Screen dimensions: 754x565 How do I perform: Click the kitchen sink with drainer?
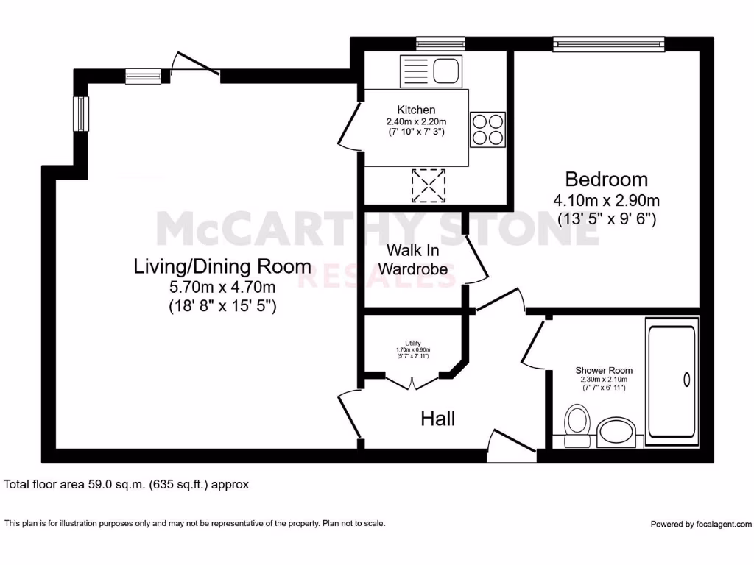431,71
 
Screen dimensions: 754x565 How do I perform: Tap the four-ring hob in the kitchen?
487,129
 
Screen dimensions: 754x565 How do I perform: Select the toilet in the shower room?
577,426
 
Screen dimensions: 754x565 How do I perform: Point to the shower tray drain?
687,380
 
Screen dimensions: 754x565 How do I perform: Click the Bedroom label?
607,180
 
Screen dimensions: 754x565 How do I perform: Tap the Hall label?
437,419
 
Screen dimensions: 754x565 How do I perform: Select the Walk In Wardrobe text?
413,260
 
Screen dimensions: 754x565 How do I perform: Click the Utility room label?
413,343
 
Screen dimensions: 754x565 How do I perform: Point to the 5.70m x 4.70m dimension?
222,288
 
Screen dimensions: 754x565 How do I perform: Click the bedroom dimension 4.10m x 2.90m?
607,200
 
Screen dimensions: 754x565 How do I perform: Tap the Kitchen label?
417,110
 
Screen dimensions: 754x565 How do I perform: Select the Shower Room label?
604,371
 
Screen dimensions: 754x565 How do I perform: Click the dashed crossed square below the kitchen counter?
429,185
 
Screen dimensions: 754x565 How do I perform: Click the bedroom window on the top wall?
609,44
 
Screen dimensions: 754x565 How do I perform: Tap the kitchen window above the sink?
440,44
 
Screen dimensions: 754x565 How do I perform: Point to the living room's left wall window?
81,114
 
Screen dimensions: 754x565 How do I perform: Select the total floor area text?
126,484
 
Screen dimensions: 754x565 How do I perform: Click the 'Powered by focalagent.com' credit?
701,524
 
